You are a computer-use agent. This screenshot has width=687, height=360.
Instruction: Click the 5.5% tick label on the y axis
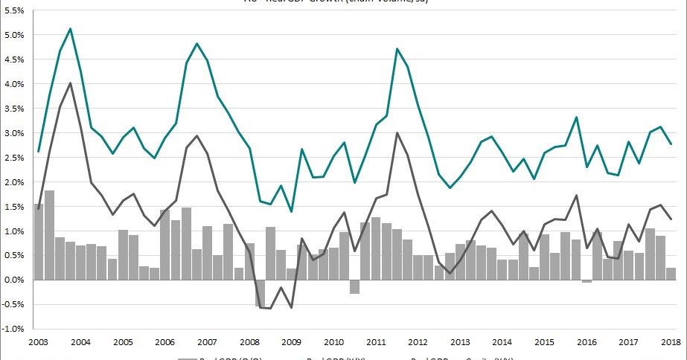(x=14, y=10)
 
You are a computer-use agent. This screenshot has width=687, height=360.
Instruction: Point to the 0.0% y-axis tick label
(x=14, y=280)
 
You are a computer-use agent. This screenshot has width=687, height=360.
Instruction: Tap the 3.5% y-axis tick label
(x=14, y=109)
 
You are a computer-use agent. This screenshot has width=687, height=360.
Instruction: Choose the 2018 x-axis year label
(x=672, y=342)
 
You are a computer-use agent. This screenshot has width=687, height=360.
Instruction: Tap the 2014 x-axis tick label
(x=502, y=342)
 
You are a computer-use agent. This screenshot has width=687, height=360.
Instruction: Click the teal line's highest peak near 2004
(x=70, y=29)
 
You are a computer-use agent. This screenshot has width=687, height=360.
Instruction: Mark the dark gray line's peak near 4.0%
(x=70, y=83)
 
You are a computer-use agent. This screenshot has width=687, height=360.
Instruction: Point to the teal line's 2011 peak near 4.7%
(x=397, y=49)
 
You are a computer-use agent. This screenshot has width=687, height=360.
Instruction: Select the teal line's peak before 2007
(x=196, y=44)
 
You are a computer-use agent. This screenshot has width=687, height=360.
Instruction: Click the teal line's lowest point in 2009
(x=291, y=211)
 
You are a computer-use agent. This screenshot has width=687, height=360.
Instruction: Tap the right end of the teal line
(x=672, y=144)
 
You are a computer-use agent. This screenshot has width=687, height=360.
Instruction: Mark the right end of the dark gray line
(x=672, y=219)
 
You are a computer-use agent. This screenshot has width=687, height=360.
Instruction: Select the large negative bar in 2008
(x=260, y=293)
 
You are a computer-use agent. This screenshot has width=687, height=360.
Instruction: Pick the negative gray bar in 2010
(x=355, y=286)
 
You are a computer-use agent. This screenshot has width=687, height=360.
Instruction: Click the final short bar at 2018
(x=671, y=274)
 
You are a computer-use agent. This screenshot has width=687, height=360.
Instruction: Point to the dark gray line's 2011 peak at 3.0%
(x=397, y=133)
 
